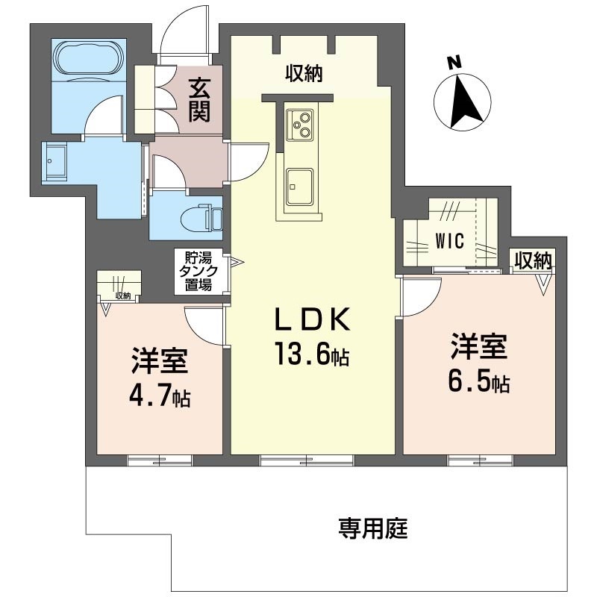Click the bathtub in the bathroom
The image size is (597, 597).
(x=89, y=60)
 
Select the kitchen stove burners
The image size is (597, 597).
(x=299, y=125)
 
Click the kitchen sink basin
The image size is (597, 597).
(x=299, y=186)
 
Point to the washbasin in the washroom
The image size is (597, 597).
(x=55, y=160)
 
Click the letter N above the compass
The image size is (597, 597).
(x=454, y=63)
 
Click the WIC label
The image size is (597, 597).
(x=450, y=241)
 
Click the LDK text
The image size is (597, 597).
(x=312, y=319)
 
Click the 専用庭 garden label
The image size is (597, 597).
(x=372, y=528)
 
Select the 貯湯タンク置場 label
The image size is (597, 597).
(x=198, y=271)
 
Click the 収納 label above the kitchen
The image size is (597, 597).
(x=304, y=73)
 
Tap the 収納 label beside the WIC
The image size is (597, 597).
(x=533, y=261)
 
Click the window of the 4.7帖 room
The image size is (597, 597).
(x=160, y=460)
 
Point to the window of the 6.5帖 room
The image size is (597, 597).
(x=480, y=460)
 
